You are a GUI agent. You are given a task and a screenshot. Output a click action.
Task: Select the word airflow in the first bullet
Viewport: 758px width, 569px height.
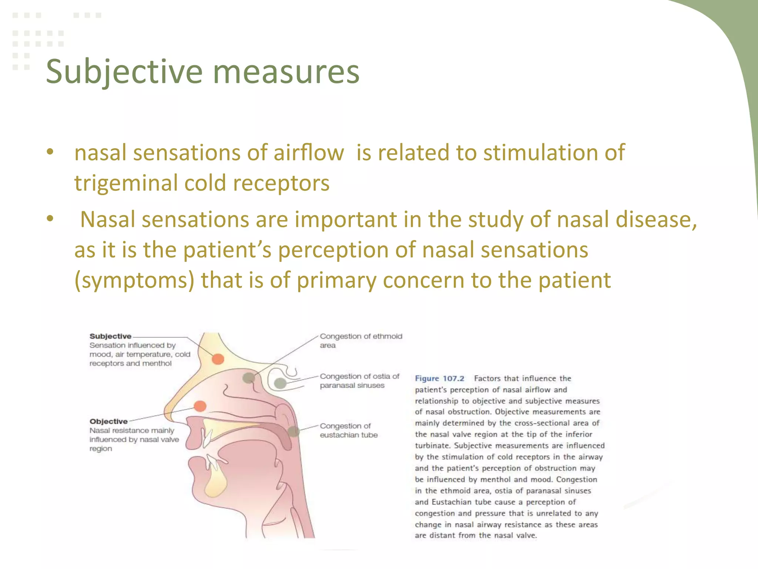(309, 153)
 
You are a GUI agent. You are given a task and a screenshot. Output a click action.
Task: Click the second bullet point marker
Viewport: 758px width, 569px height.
(50, 219)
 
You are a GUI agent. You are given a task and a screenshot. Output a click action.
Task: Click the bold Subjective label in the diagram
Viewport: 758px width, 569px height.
(110, 336)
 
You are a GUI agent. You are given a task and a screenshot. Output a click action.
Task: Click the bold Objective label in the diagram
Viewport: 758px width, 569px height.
(108, 422)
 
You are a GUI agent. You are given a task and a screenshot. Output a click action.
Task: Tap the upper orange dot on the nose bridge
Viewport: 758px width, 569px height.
(218, 359)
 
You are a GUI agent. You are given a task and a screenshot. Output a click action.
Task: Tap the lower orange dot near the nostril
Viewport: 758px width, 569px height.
(200, 406)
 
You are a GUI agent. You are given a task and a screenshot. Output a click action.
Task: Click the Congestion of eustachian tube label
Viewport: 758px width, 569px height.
(348, 430)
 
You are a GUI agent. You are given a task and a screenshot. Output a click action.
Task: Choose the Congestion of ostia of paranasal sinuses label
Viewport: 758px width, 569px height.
(359, 381)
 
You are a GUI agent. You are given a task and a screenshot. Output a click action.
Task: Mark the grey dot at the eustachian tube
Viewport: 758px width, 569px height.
(293, 431)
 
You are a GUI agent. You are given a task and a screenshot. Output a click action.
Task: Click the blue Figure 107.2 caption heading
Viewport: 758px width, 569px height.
(439, 379)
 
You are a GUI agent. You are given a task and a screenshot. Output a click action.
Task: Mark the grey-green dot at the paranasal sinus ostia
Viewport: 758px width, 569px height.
(280, 383)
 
